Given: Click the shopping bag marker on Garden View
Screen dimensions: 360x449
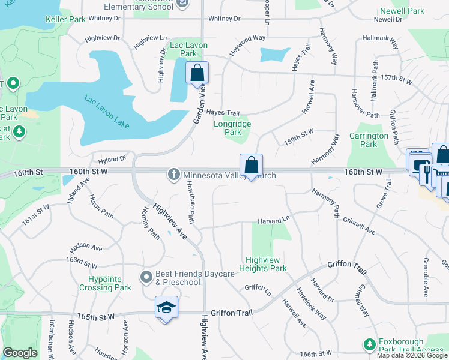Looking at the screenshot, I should click(197, 74).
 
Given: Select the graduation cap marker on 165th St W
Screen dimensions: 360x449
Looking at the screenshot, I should click(166, 308).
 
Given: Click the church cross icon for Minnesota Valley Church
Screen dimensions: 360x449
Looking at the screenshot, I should click(174, 175).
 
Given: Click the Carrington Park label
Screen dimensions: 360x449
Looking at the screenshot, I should click(368, 140).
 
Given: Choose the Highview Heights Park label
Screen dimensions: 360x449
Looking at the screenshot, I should click(262, 264).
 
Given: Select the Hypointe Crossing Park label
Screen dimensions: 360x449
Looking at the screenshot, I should click(105, 283).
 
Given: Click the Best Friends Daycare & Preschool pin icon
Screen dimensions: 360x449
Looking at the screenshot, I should click(146, 277).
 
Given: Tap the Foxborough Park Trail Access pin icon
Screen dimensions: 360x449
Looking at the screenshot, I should click(369, 344).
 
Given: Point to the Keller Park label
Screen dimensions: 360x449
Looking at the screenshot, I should click(65, 19).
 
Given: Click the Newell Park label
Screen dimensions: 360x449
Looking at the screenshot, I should click(402, 11).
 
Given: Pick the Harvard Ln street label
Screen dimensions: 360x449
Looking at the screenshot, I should click(274, 221).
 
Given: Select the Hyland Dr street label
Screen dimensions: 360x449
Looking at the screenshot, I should click(113, 160).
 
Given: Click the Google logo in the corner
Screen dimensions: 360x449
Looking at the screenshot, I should click(20, 353).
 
